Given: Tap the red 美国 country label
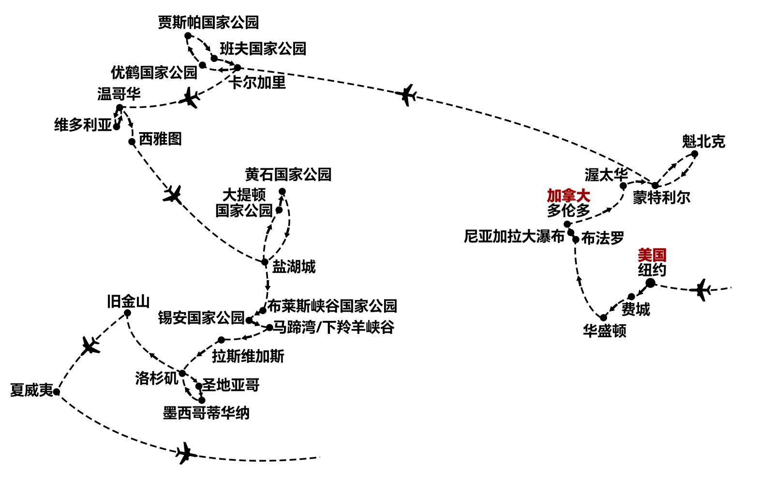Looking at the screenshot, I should click(652, 255).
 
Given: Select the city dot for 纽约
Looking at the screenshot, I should click(650, 283).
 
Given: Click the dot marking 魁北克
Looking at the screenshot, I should click(695, 154).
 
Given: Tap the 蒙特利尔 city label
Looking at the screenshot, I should click(662, 198).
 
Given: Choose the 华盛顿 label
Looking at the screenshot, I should click(605, 331).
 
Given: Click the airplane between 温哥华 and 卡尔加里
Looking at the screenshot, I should click(190, 98).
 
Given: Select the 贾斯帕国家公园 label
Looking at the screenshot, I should click(208, 22).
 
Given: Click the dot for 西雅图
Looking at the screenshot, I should click(132, 142).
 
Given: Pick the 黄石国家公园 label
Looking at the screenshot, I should click(288, 174).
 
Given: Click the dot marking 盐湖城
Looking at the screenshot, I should click(265, 262).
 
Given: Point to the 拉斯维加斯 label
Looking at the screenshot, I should click(248, 357).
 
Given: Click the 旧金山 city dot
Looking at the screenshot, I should click(127, 313).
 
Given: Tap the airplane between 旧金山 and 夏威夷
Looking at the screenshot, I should click(90, 345).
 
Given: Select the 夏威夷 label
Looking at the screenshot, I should click(31, 391).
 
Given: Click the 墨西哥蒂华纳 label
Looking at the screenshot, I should click(206, 414).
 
